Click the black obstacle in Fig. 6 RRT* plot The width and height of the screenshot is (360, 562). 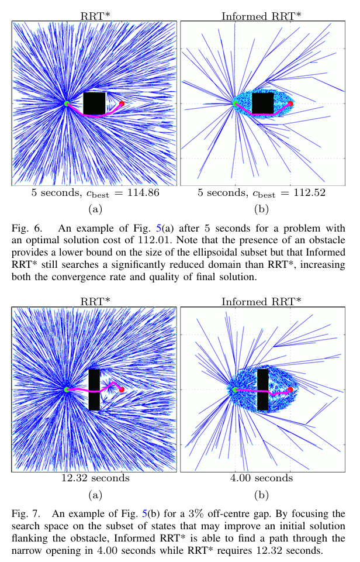tap(94, 103)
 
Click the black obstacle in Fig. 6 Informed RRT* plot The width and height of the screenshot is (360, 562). tap(262, 103)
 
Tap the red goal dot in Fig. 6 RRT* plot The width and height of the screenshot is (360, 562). tap(122, 104)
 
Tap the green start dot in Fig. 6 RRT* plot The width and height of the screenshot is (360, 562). tap(67, 104)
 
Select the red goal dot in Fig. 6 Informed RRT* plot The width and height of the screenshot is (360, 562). tap(290, 104)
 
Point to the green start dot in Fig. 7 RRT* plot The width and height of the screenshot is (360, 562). tap(66, 389)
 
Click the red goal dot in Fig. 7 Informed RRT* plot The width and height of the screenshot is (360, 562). tap(290, 389)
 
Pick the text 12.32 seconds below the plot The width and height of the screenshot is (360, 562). tap(94, 478)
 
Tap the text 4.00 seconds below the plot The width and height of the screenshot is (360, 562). tap(262, 478)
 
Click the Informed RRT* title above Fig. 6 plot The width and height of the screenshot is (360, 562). tap(262, 16)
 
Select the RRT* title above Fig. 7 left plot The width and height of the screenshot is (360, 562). tap(94, 302)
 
